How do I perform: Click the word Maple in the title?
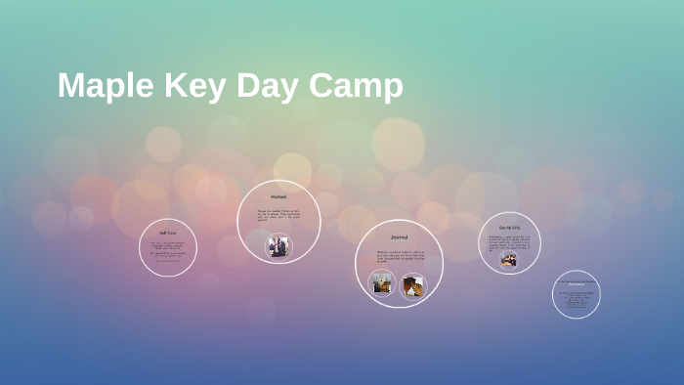tap(102, 86)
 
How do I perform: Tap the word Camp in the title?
tap(356, 86)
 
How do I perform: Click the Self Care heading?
tap(168, 234)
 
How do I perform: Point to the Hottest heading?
tap(278, 197)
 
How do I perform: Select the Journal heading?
tap(399, 236)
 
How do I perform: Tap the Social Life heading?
tap(509, 227)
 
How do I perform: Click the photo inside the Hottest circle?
tap(279, 246)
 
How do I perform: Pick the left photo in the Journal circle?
tap(382, 284)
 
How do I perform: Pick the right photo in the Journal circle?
tap(412, 285)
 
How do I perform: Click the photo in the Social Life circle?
tap(509, 260)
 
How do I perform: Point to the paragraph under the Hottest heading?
tap(278, 215)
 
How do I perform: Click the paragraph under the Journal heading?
tap(399, 257)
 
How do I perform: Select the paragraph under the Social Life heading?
tap(509, 241)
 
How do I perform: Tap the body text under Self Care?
tap(168, 251)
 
